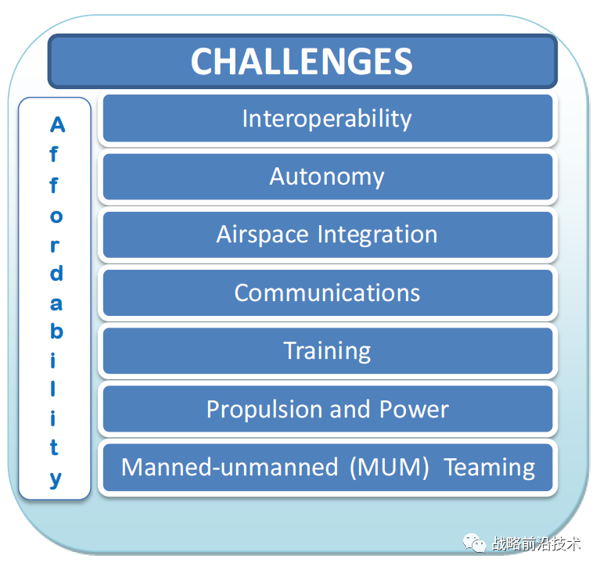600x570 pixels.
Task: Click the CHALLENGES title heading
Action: point(301,62)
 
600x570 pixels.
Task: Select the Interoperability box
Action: point(326,119)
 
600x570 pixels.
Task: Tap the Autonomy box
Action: point(326,177)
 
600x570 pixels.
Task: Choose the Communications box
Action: point(326,292)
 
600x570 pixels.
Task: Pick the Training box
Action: point(326,350)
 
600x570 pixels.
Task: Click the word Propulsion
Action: point(264,409)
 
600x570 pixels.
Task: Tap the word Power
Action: point(414,409)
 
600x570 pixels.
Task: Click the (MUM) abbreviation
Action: point(389,468)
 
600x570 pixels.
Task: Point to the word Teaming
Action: point(490,468)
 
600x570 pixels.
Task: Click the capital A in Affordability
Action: point(56,125)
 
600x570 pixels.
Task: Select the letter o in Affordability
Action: point(55,216)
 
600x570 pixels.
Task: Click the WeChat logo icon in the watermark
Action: point(474,542)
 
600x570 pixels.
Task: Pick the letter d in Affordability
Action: point(56,274)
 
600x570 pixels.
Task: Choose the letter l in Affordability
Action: point(55,389)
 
